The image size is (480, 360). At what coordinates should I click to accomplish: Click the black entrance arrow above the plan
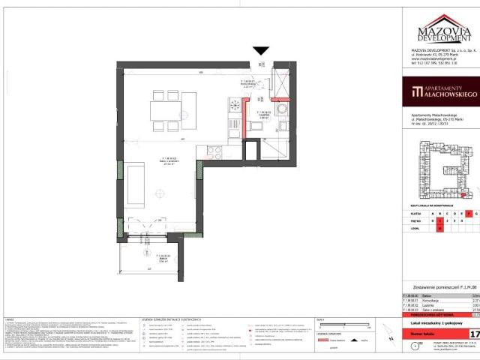tap(260, 52)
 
